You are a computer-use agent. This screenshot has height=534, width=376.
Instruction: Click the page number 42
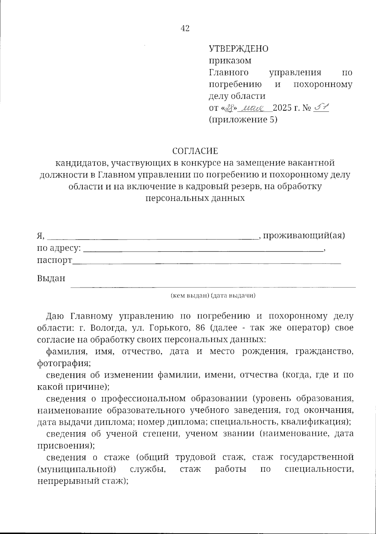(185, 29)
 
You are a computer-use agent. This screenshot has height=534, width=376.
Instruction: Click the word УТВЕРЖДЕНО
(238, 49)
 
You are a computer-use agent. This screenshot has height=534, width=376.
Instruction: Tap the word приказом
(230, 60)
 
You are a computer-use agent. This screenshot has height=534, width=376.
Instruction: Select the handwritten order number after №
(320, 108)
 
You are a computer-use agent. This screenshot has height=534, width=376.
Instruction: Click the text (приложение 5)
(243, 120)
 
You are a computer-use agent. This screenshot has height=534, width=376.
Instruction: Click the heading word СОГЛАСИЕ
(195, 151)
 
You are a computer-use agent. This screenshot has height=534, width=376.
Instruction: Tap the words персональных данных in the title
(195, 198)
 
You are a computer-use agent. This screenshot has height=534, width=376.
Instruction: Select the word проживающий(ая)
(304, 235)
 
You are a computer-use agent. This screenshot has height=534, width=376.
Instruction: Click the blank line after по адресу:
(204, 250)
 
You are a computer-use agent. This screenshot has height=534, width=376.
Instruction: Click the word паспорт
(55, 261)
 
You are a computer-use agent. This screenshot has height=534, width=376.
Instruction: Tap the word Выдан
(51, 278)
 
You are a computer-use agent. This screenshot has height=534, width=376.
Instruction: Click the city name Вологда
(106, 328)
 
